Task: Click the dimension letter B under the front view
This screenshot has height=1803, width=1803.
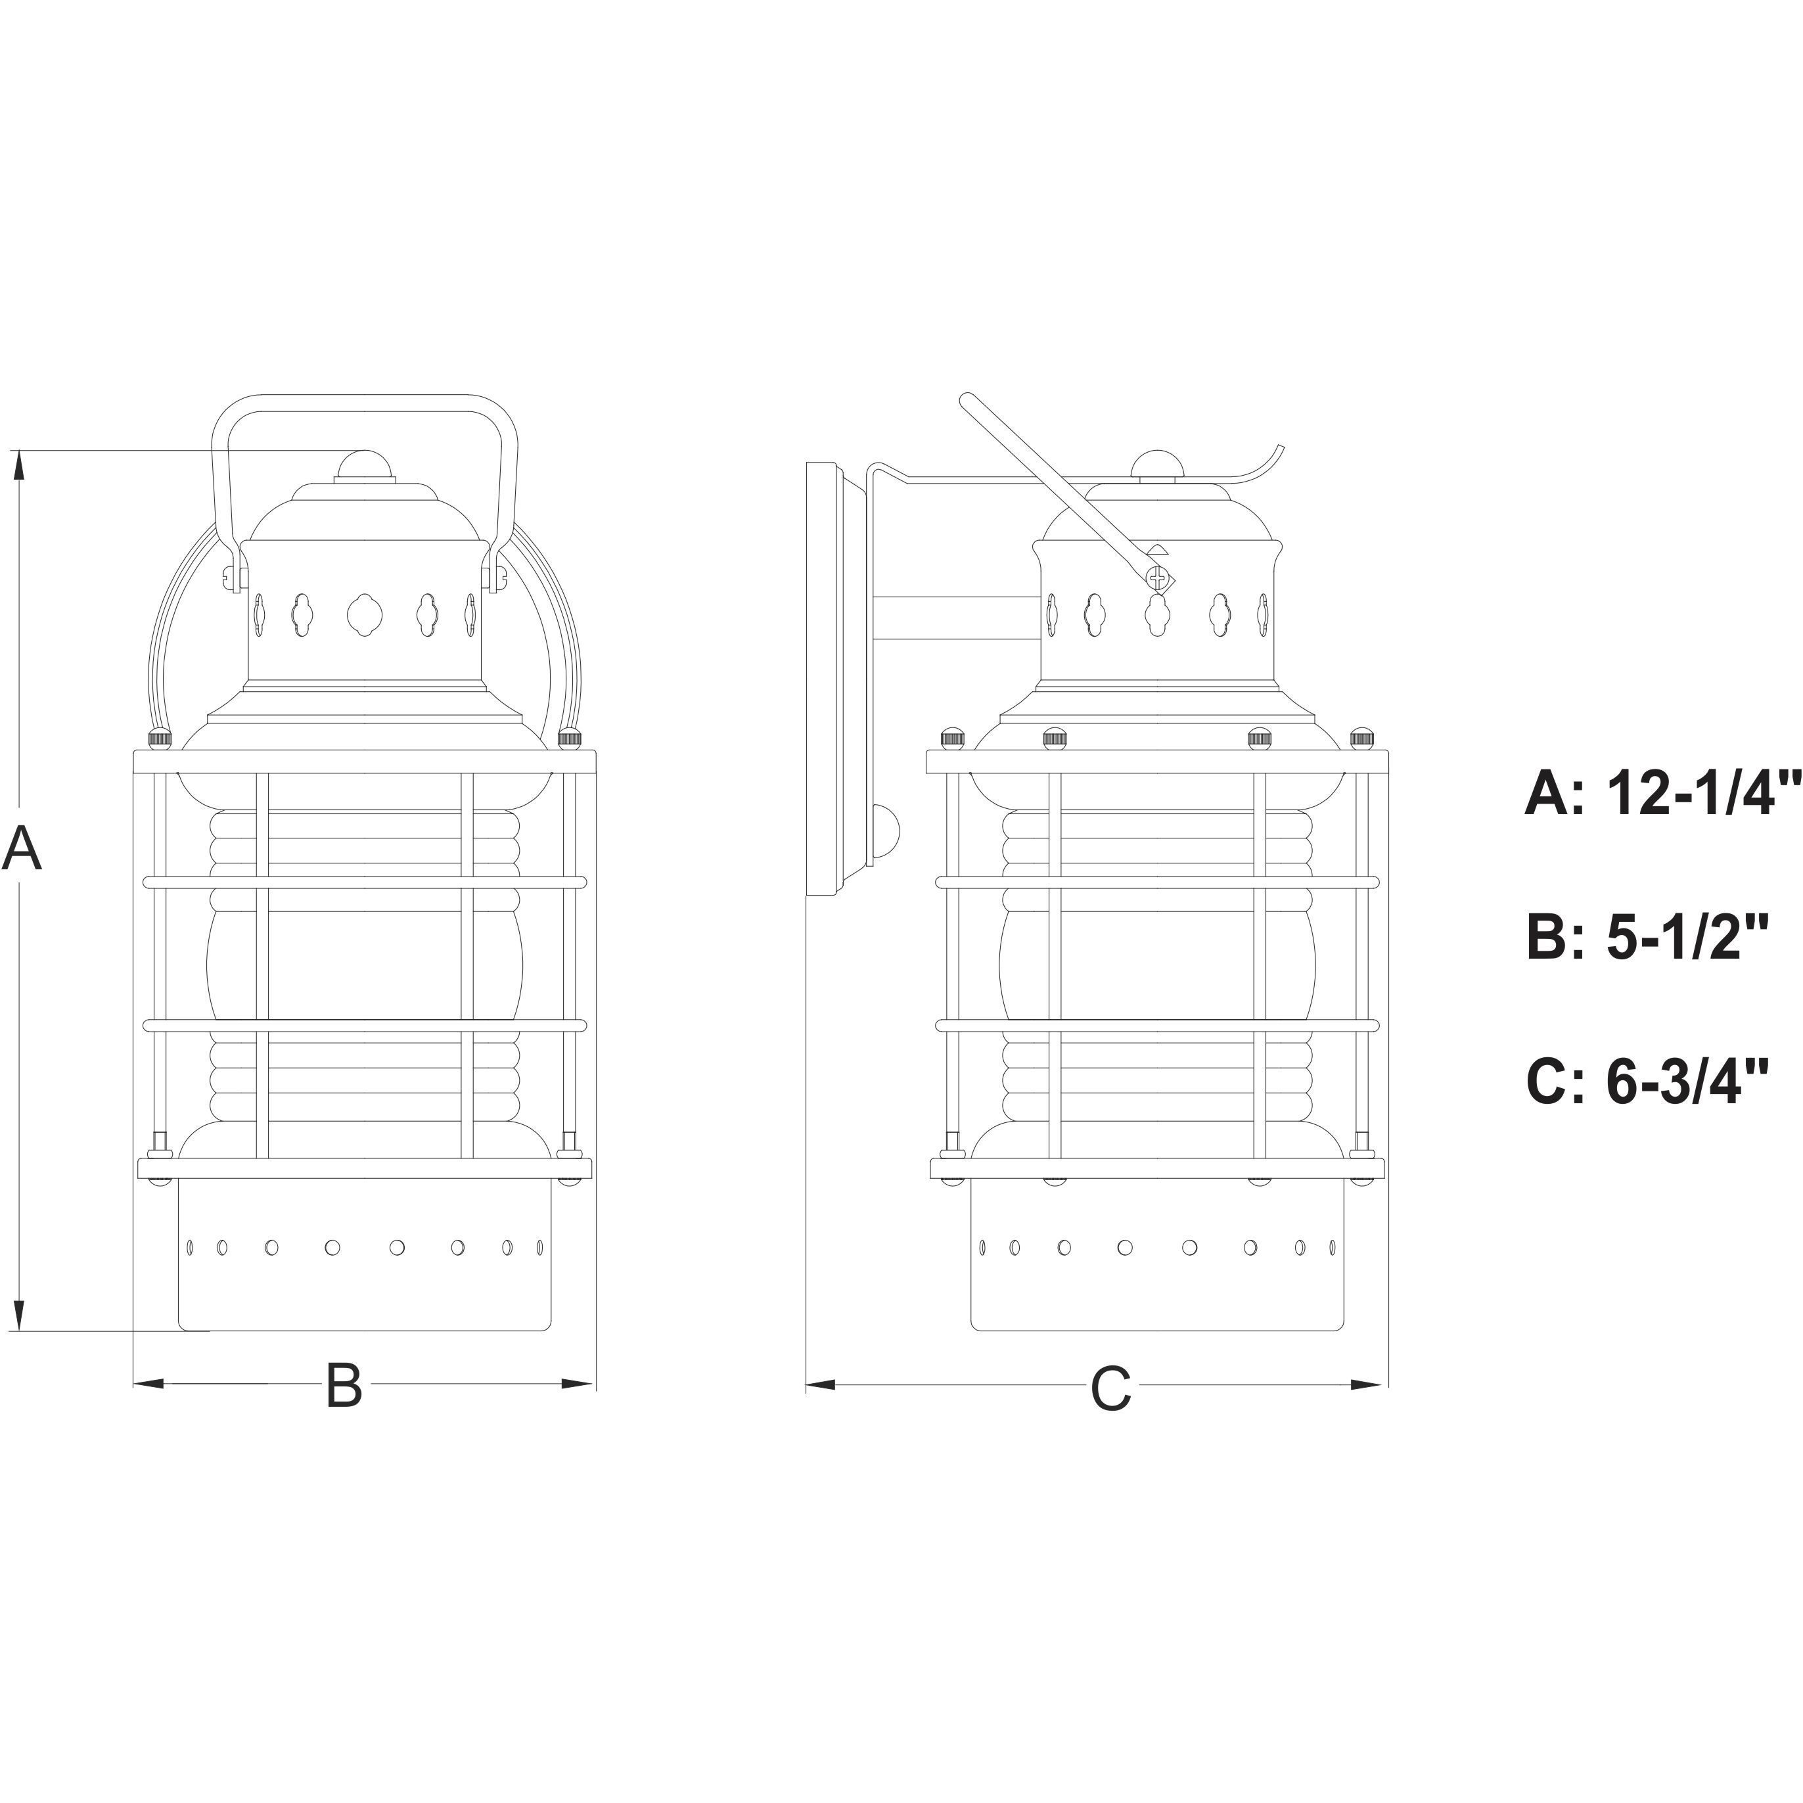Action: click(x=344, y=1385)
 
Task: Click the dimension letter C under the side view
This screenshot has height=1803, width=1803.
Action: click(x=1110, y=1388)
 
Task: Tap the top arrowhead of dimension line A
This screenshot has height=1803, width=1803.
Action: click(x=18, y=466)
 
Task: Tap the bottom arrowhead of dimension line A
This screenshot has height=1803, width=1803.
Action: click(x=18, y=1317)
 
